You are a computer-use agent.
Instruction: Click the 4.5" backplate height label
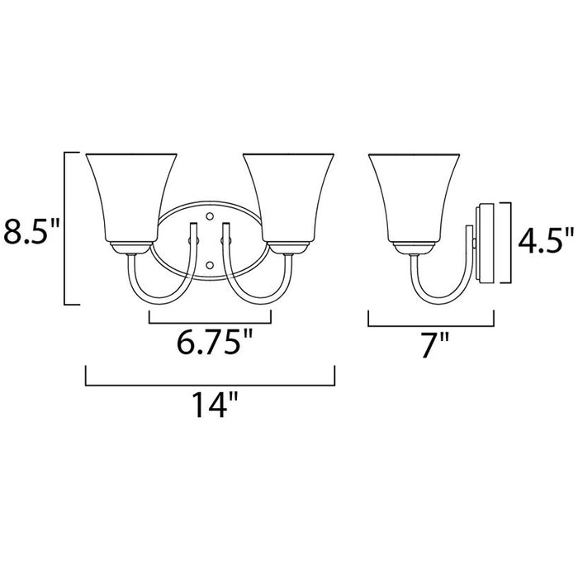pos(545,241)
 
